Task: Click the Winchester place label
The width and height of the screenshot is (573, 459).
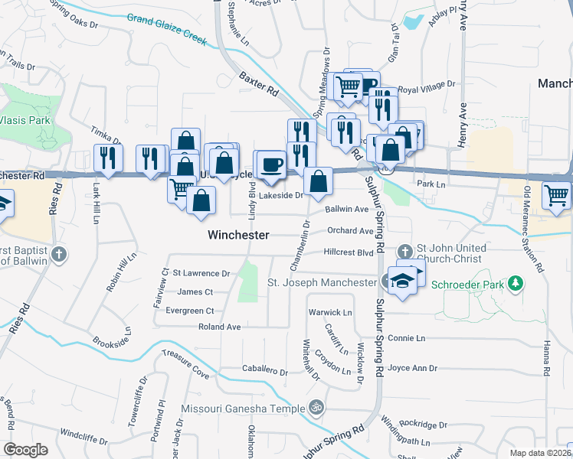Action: [x=238, y=236]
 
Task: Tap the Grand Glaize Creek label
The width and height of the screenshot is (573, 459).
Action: [x=167, y=29]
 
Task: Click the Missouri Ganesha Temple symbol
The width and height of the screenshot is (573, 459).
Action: [x=313, y=407]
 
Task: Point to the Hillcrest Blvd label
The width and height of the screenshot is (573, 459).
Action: [x=348, y=252]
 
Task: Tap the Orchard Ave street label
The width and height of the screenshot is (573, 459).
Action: [x=349, y=230]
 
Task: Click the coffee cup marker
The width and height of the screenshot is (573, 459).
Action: [x=272, y=164]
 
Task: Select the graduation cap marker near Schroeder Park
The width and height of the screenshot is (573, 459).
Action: [x=402, y=281]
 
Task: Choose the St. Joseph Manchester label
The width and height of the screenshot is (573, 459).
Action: [x=322, y=282]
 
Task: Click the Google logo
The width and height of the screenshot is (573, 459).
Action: [x=25, y=450]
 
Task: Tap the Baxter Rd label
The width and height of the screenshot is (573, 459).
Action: [x=258, y=85]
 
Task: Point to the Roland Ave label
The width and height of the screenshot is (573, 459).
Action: [x=220, y=327]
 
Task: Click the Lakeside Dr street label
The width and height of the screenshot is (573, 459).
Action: [x=280, y=196]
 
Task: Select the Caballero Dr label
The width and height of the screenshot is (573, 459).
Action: [x=264, y=371]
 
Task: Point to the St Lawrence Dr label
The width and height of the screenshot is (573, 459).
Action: [x=201, y=272]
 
